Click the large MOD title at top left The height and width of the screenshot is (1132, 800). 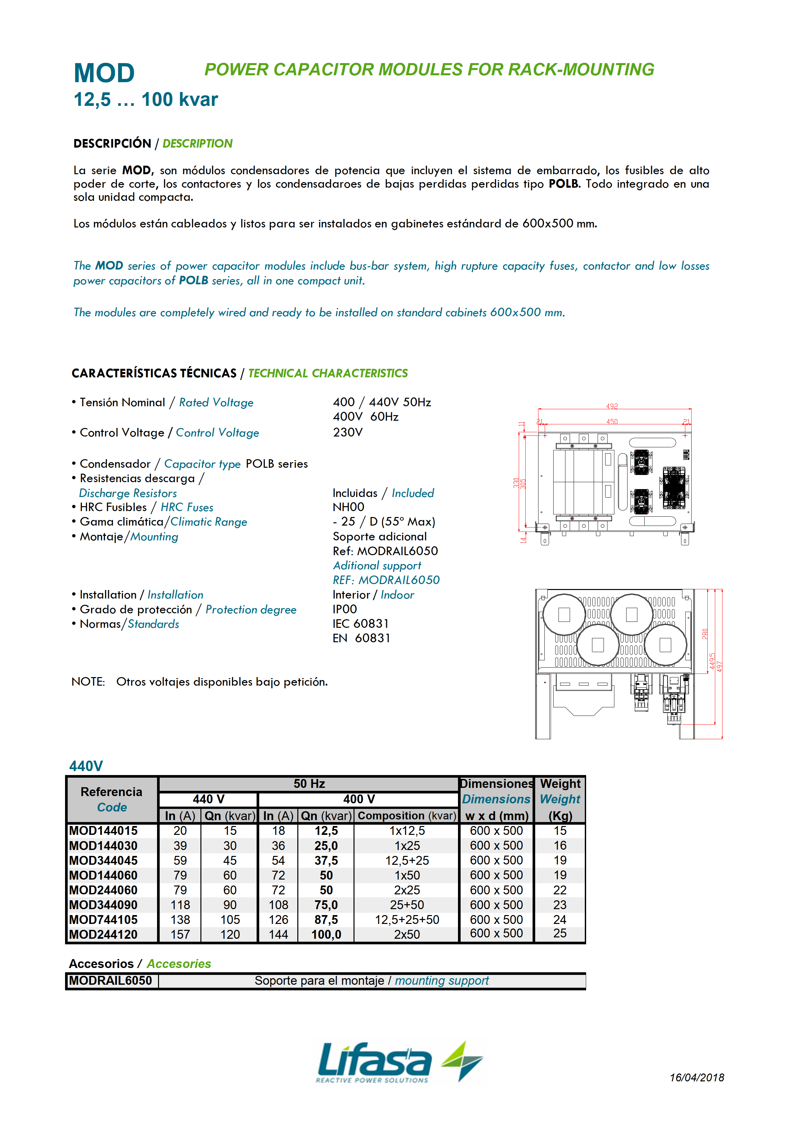[x=104, y=74]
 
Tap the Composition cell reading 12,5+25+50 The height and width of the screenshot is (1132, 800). [x=407, y=920]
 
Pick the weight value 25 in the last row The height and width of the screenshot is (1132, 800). [x=560, y=933]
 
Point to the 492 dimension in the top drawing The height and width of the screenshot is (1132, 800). [x=612, y=406]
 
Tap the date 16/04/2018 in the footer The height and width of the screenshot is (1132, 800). [x=697, y=1077]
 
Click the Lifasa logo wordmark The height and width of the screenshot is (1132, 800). [x=375, y=1060]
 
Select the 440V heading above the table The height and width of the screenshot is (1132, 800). [x=86, y=766]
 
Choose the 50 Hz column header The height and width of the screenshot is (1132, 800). [x=309, y=784]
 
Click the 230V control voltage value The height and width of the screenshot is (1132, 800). [x=348, y=433]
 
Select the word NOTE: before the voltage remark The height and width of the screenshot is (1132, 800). [x=88, y=681]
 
